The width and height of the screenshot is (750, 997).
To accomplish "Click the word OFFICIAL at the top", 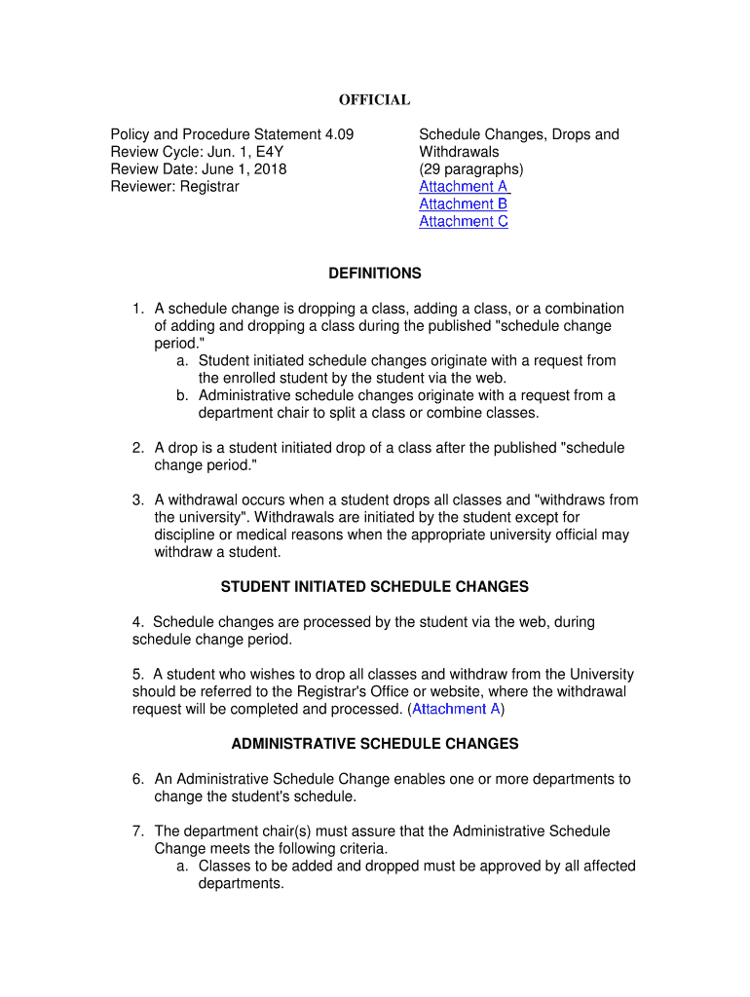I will pyautogui.click(x=374, y=100).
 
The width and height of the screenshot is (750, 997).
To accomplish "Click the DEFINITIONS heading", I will pyautogui.click(x=374, y=274).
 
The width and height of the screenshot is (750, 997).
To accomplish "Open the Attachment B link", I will pyautogui.click(x=463, y=204).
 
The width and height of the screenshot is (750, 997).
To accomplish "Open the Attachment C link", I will pyautogui.click(x=463, y=222).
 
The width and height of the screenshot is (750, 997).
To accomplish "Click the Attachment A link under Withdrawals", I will pyautogui.click(x=463, y=187).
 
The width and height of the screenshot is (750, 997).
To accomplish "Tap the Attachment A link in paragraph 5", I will pyautogui.click(x=456, y=710).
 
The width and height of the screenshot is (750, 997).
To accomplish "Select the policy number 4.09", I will pyautogui.click(x=336, y=134).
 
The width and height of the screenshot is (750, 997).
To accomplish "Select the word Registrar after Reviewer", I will pyautogui.click(x=207, y=187).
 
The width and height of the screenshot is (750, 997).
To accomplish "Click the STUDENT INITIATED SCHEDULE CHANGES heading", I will pyautogui.click(x=374, y=587).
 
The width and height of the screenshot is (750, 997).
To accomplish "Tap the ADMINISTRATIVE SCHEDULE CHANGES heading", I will pyautogui.click(x=374, y=745).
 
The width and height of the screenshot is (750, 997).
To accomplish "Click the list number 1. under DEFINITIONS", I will pyautogui.click(x=138, y=309).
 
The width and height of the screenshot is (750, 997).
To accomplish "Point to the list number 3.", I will pyautogui.click(x=138, y=500).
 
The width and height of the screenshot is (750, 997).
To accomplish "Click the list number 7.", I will pyautogui.click(x=138, y=831).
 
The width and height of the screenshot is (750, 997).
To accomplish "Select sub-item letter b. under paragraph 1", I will pyautogui.click(x=183, y=396).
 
